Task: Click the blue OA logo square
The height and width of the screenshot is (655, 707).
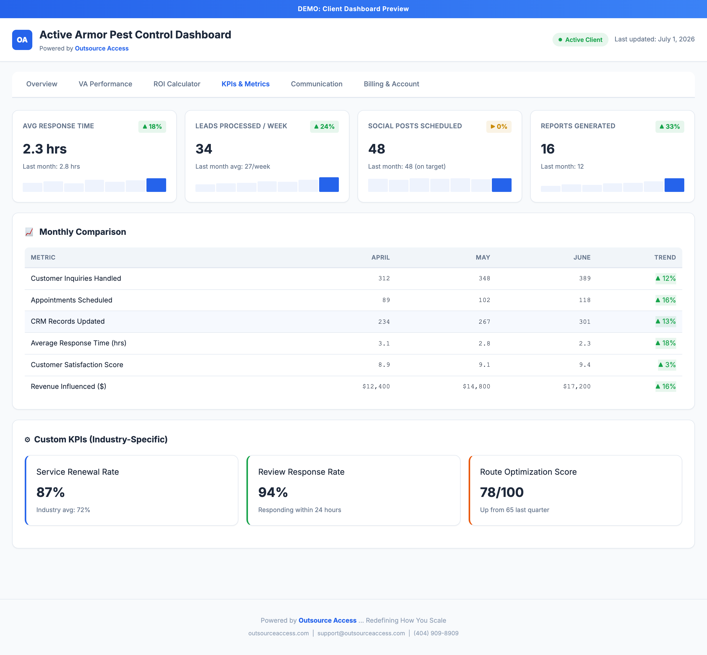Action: [x=22, y=40]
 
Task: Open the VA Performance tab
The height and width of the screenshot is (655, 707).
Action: [x=105, y=84]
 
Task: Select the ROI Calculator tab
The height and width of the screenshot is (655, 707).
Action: [x=177, y=84]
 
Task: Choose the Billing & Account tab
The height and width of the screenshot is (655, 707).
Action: [x=391, y=84]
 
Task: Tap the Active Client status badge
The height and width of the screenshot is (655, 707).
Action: [x=580, y=40]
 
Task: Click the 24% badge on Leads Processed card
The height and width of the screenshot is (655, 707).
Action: [x=324, y=127]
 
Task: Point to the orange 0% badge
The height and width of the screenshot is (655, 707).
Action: [x=499, y=127]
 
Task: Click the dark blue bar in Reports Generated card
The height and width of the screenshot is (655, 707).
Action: [x=674, y=185]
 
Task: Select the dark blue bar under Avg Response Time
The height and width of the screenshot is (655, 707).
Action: [x=156, y=185]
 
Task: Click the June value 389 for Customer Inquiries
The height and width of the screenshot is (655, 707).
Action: [x=585, y=279]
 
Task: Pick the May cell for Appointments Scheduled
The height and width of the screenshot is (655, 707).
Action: [x=485, y=300]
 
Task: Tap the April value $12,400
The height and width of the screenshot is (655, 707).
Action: [x=376, y=386]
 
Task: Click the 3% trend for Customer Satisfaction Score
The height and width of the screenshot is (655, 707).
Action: [x=667, y=365]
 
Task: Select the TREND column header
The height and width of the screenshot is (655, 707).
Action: [x=665, y=257]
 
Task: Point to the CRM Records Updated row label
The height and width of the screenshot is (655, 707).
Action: [x=68, y=321]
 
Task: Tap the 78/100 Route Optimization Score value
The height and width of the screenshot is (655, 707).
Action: [x=501, y=492]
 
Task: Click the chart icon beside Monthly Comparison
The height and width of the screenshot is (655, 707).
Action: [x=29, y=232]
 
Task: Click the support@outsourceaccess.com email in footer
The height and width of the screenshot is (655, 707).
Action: [x=361, y=633]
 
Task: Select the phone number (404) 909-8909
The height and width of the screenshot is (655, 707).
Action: [x=436, y=633]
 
